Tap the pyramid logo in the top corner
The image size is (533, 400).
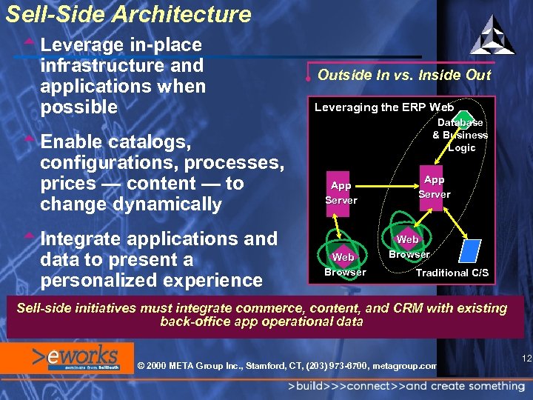[x=492, y=35]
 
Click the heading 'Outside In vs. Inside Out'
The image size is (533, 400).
[x=403, y=75]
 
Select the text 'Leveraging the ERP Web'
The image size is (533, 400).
[x=384, y=107]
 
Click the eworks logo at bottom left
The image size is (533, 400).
[x=70, y=356]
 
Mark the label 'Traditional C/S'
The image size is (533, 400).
[x=452, y=273]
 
